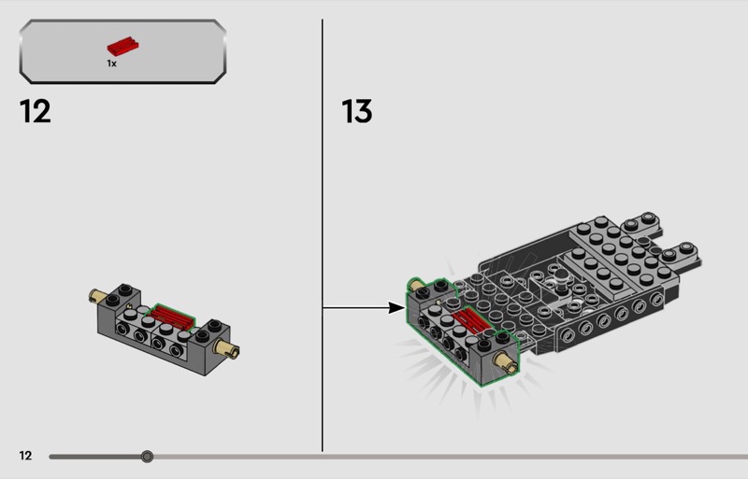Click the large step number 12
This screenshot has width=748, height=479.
pyautogui.click(x=35, y=111)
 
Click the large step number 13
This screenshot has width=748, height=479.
pyautogui.click(x=357, y=111)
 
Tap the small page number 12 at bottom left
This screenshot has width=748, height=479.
pyautogui.click(x=25, y=456)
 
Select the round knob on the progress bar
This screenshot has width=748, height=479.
pyautogui.click(x=147, y=457)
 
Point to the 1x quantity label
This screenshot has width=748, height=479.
pyautogui.click(x=111, y=63)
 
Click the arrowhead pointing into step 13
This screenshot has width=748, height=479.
pyautogui.click(x=396, y=307)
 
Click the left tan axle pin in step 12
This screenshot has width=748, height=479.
pyautogui.click(x=96, y=298)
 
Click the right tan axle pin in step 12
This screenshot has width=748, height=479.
pyautogui.click(x=228, y=350)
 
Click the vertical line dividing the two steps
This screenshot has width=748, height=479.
pyautogui.click(x=323, y=233)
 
